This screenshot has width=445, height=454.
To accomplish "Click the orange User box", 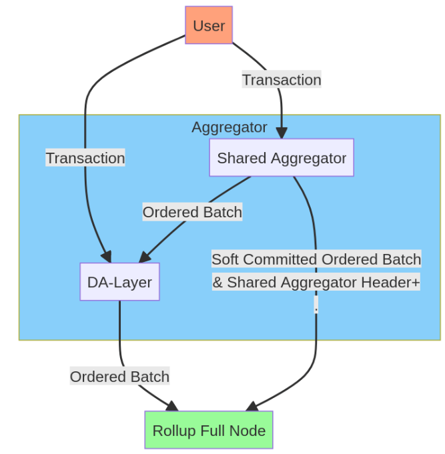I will [x=208, y=25].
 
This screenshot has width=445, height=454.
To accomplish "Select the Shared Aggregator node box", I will [x=281, y=158].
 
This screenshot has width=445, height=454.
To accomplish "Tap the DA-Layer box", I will [x=119, y=281].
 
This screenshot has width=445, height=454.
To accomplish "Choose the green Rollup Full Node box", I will [x=209, y=430].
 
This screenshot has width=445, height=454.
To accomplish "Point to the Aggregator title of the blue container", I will [x=230, y=127].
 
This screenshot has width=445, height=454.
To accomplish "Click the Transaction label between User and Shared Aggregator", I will [x=281, y=80].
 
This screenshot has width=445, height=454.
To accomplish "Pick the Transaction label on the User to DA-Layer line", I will [x=85, y=158].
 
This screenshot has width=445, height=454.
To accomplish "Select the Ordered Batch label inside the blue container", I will [x=192, y=212].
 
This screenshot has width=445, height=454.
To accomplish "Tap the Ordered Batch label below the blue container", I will [x=119, y=377].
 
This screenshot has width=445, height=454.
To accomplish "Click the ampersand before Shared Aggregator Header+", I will [x=217, y=282].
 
